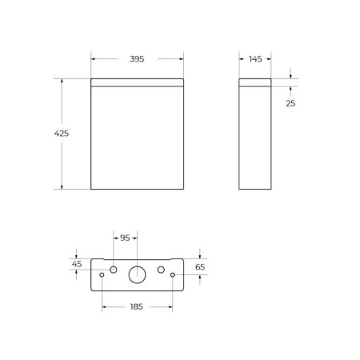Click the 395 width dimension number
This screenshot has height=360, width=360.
(137, 58)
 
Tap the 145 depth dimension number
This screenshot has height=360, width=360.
(255, 58)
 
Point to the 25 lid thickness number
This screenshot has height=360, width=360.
(290, 102)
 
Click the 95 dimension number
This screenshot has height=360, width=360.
(124, 238)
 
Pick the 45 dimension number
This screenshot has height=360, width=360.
(77, 264)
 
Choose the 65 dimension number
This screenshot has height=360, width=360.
(200, 267)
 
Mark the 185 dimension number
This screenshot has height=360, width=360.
(138, 306)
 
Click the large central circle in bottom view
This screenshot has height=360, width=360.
(138, 274)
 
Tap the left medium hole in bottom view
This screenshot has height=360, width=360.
(114, 269)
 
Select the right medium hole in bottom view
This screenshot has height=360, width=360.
(162, 269)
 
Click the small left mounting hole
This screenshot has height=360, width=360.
(102, 275)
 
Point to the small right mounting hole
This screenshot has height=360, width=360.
(173, 275)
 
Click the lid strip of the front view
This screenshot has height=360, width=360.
(137, 82)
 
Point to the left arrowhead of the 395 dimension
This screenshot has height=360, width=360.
(94, 58)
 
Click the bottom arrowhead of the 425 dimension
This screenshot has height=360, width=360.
(61, 186)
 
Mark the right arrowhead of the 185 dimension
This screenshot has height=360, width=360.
(170, 306)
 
